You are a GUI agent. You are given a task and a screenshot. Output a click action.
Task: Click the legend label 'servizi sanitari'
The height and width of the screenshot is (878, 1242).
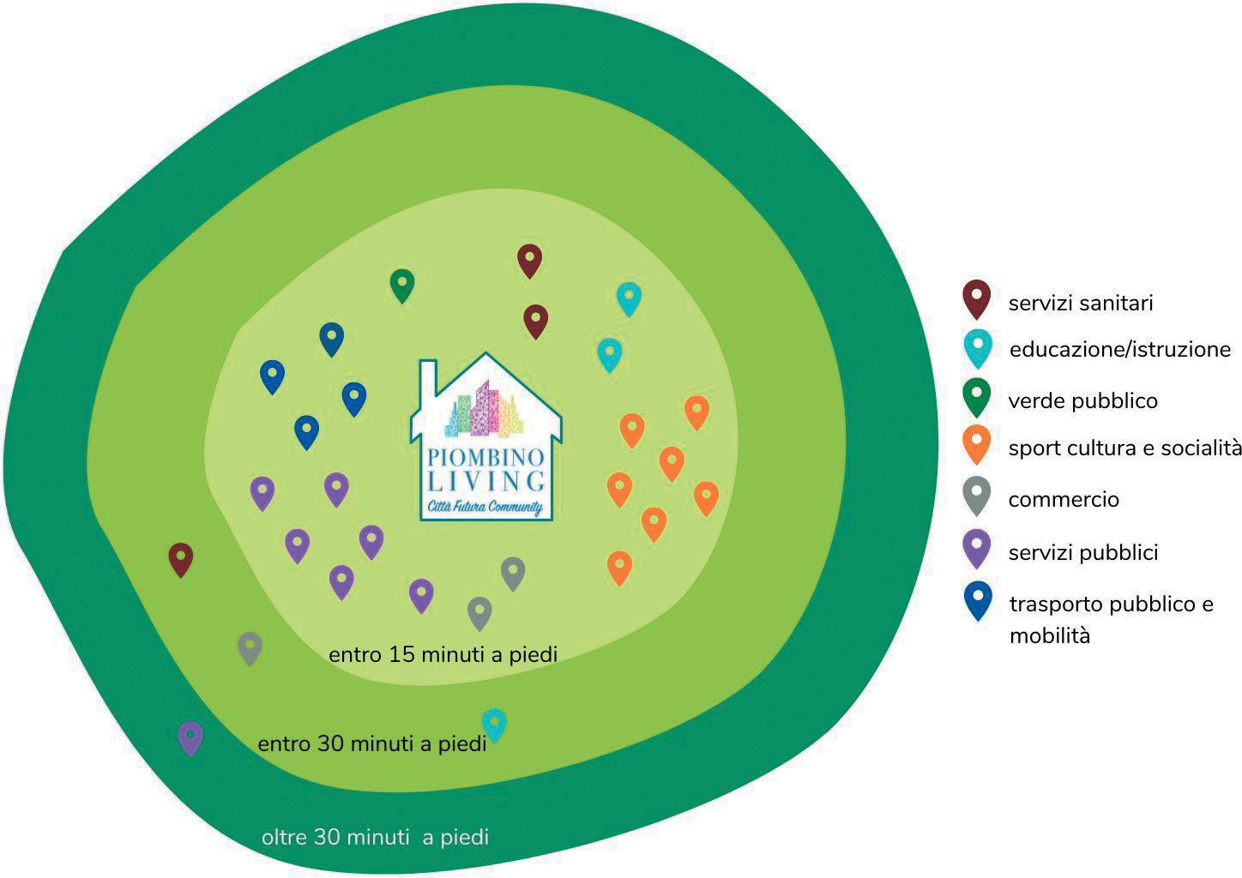pyautogui.click(x=1080, y=304)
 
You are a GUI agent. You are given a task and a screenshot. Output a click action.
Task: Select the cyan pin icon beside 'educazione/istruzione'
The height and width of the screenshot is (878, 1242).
pyautogui.click(x=978, y=348)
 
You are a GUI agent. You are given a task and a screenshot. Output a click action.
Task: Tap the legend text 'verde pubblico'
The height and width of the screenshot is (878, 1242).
pyautogui.click(x=1082, y=400)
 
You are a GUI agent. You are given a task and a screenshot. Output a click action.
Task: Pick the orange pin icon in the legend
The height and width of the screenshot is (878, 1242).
pyautogui.click(x=977, y=444)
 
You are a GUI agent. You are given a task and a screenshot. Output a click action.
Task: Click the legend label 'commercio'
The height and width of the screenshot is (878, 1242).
pyautogui.click(x=1064, y=499)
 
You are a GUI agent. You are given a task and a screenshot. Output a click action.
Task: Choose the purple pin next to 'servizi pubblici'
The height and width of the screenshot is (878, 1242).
pyautogui.click(x=977, y=548)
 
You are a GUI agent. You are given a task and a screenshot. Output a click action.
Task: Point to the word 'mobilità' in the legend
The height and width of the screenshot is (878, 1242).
pyautogui.click(x=1050, y=635)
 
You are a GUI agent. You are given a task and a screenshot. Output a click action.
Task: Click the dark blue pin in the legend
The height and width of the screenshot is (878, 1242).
pyautogui.click(x=978, y=600)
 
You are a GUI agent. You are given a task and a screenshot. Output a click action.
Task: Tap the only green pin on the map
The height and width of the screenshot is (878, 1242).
pyautogui.click(x=402, y=286)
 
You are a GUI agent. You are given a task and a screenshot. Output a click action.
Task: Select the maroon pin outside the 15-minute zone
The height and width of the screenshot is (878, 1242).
pyautogui.click(x=181, y=559)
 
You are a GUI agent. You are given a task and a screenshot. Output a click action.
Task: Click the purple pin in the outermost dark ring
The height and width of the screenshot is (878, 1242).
pyautogui.click(x=190, y=738)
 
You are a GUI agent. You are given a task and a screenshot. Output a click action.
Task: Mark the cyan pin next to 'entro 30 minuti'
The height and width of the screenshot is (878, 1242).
pyautogui.click(x=494, y=725)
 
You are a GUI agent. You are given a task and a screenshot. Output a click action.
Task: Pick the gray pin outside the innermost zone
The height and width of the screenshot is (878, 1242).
pyautogui.click(x=250, y=648)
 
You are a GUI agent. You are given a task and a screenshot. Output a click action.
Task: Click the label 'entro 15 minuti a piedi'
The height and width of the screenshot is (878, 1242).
pyautogui.click(x=443, y=654)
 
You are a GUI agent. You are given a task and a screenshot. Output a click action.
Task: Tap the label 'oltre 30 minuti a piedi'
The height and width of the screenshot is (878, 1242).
pyautogui.click(x=376, y=837)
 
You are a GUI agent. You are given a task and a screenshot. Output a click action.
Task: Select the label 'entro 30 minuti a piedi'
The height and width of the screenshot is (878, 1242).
pyautogui.click(x=372, y=744)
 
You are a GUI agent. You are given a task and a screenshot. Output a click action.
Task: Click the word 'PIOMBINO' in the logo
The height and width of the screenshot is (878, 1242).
pyautogui.click(x=485, y=458)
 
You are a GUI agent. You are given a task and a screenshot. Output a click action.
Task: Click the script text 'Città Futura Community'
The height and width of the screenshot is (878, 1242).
pyautogui.click(x=485, y=507)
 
